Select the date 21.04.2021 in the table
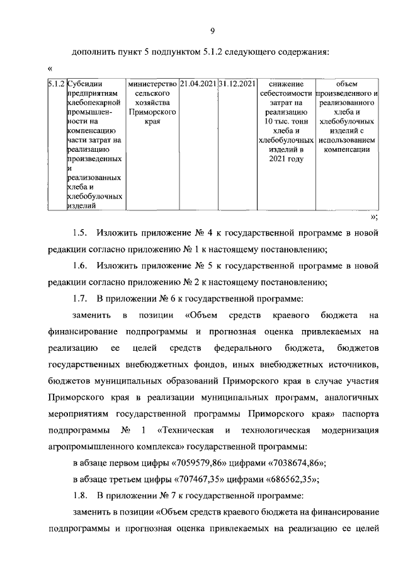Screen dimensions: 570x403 (198, 83)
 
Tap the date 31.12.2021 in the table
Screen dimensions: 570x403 (237, 83)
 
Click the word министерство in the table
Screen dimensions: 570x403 (152, 83)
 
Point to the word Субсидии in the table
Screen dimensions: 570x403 (85, 83)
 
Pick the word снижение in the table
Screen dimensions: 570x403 (285, 83)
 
